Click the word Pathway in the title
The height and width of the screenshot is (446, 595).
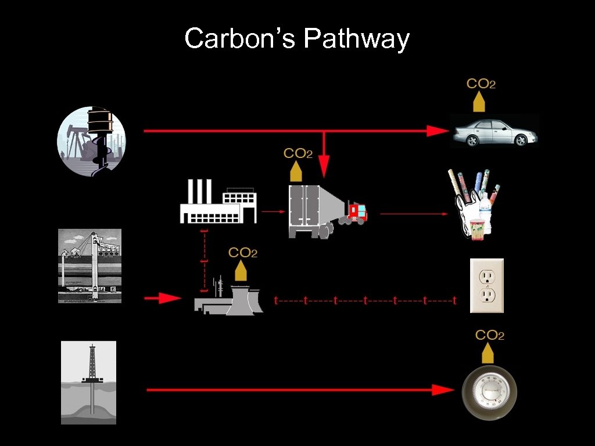[x=356, y=39]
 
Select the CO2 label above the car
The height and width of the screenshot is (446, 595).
[x=481, y=84]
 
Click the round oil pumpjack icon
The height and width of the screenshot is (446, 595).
[x=91, y=141]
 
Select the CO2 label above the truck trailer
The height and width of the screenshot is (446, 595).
[x=297, y=154]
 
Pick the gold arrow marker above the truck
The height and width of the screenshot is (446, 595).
[x=296, y=172]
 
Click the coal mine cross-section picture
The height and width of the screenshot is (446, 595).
[x=90, y=265]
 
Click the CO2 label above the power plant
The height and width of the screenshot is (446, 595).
[x=243, y=253]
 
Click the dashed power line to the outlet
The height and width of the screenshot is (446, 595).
[x=365, y=301]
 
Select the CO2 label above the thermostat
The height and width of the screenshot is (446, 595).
[x=489, y=335]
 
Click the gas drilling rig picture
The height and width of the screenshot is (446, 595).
[x=89, y=382]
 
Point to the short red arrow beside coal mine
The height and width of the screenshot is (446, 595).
[x=163, y=298]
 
